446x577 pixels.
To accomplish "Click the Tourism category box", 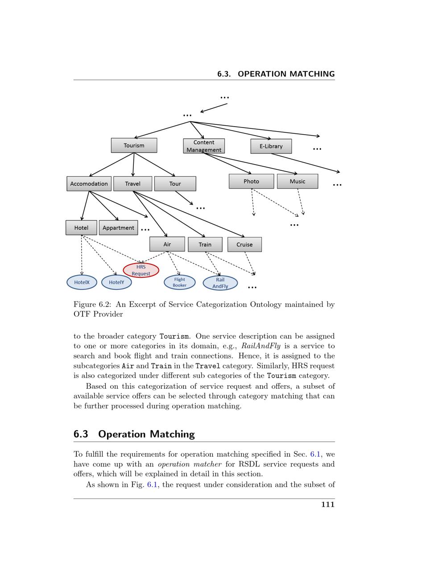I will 134,145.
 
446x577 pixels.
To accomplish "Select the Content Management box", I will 204,146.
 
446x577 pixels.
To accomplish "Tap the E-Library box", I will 271,146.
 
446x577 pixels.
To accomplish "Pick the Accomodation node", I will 89,184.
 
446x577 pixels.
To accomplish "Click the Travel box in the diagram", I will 132,184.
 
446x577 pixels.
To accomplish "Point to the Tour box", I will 175,184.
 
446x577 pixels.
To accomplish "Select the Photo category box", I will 251,181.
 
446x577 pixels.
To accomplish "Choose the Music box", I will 297,181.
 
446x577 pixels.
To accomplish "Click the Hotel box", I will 81,228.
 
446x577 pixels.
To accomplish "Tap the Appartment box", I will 118,228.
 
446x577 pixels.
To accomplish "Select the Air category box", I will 167,244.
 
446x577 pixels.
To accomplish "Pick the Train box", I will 205,244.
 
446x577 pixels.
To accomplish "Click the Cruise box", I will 244,244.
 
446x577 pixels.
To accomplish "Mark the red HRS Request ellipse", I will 141,270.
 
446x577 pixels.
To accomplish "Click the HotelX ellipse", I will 82,282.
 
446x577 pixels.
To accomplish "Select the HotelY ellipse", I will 116,282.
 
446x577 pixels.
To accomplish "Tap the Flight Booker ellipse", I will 180,282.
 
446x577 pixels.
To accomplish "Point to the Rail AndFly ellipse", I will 220,283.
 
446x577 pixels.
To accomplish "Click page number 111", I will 328,504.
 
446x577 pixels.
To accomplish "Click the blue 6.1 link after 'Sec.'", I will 315,454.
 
